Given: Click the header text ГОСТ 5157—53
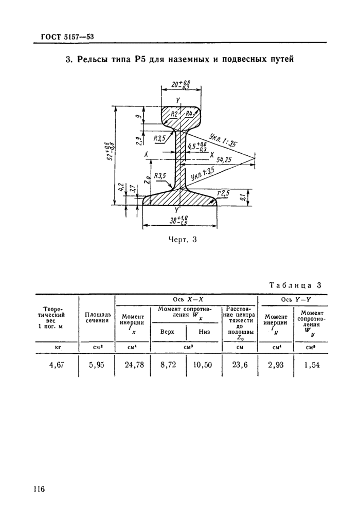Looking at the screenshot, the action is (x=67, y=37).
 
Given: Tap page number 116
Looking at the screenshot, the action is (x=39, y=489).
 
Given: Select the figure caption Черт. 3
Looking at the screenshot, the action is (x=182, y=240).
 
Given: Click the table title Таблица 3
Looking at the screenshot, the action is (x=295, y=285).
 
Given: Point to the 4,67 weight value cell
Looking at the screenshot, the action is (x=57, y=365).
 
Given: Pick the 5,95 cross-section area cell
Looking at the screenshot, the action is (x=97, y=365).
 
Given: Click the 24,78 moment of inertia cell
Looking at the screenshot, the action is (x=134, y=365).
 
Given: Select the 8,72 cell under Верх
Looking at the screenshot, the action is (x=168, y=365).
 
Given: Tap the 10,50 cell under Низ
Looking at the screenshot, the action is (x=203, y=365).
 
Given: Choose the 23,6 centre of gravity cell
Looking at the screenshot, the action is (x=240, y=365).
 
